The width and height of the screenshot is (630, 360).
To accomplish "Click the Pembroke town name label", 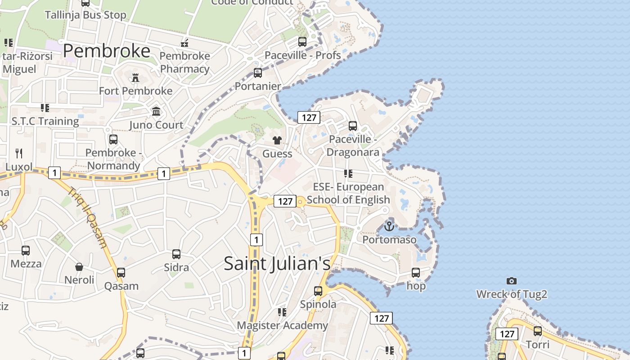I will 107,51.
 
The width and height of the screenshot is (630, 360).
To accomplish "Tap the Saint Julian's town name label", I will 277,264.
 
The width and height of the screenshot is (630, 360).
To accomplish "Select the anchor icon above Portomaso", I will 389,226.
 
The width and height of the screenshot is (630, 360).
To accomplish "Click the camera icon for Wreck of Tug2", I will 512,281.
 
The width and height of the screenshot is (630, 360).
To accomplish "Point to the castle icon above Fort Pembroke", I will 135,78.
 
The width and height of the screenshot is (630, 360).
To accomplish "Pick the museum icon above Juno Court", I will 156,112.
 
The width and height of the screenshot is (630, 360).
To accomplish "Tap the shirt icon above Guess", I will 277,141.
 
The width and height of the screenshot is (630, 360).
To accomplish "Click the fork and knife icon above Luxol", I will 19,153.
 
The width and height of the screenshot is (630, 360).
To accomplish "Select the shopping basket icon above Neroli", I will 79,267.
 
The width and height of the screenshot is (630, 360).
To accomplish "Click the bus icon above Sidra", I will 176,254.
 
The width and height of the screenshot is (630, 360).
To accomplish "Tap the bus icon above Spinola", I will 318,291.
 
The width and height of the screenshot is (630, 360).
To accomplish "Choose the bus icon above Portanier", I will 258,73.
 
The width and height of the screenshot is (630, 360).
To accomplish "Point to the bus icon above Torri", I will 538,332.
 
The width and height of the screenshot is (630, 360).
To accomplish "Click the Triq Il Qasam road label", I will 88,217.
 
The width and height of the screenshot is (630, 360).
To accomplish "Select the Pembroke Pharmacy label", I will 185,63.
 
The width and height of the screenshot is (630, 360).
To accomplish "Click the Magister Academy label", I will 283,325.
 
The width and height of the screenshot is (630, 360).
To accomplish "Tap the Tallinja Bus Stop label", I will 85,15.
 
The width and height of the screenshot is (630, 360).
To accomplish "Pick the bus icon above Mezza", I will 26,251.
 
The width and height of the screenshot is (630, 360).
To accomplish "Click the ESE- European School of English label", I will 348,193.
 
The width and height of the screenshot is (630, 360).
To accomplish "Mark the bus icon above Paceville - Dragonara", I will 353,126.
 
